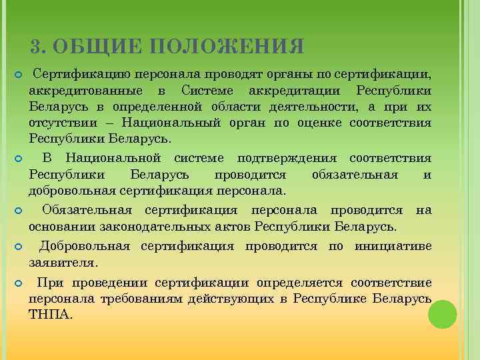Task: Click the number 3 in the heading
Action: [37, 47]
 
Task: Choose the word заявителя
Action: [64, 263]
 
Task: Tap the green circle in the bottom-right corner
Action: [442, 314]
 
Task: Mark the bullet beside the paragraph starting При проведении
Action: [19, 283]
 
